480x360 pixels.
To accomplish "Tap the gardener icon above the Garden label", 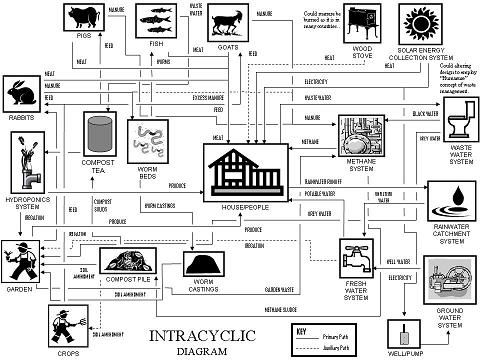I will [22, 258].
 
